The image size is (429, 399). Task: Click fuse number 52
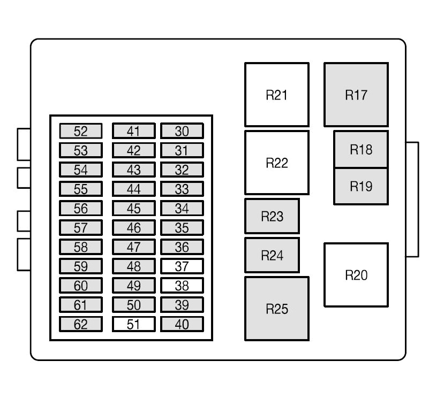pyautogui.click(x=80, y=131)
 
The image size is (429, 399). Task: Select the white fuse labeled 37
pyautogui.click(x=182, y=266)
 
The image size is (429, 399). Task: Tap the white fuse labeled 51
pyautogui.click(x=133, y=324)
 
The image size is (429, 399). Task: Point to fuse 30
pyautogui.click(x=182, y=131)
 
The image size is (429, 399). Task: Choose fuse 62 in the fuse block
pyautogui.click(x=80, y=324)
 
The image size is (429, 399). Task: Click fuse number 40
pyautogui.click(x=182, y=324)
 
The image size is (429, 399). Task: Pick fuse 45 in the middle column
pyautogui.click(x=133, y=208)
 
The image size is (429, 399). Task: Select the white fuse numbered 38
pyautogui.click(x=182, y=285)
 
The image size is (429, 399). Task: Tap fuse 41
pyautogui.click(x=133, y=131)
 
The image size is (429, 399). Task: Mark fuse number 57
pyautogui.click(x=80, y=228)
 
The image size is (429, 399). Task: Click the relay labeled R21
pyautogui.click(x=277, y=95)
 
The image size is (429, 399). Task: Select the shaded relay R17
pyautogui.click(x=356, y=95)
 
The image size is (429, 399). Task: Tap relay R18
pyautogui.click(x=361, y=149)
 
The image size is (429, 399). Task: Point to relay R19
pyautogui.click(x=361, y=186)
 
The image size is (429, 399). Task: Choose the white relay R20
pyautogui.click(x=356, y=275)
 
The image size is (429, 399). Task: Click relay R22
pyautogui.click(x=277, y=163)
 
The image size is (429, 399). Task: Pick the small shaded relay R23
pyautogui.click(x=272, y=217)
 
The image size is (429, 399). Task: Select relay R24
pyautogui.click(x=272, y=256)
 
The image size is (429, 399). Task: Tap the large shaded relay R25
pyautogui.click(x=277, y=309)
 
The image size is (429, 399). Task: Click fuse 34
pyautogui.click(x=182, y=208)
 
